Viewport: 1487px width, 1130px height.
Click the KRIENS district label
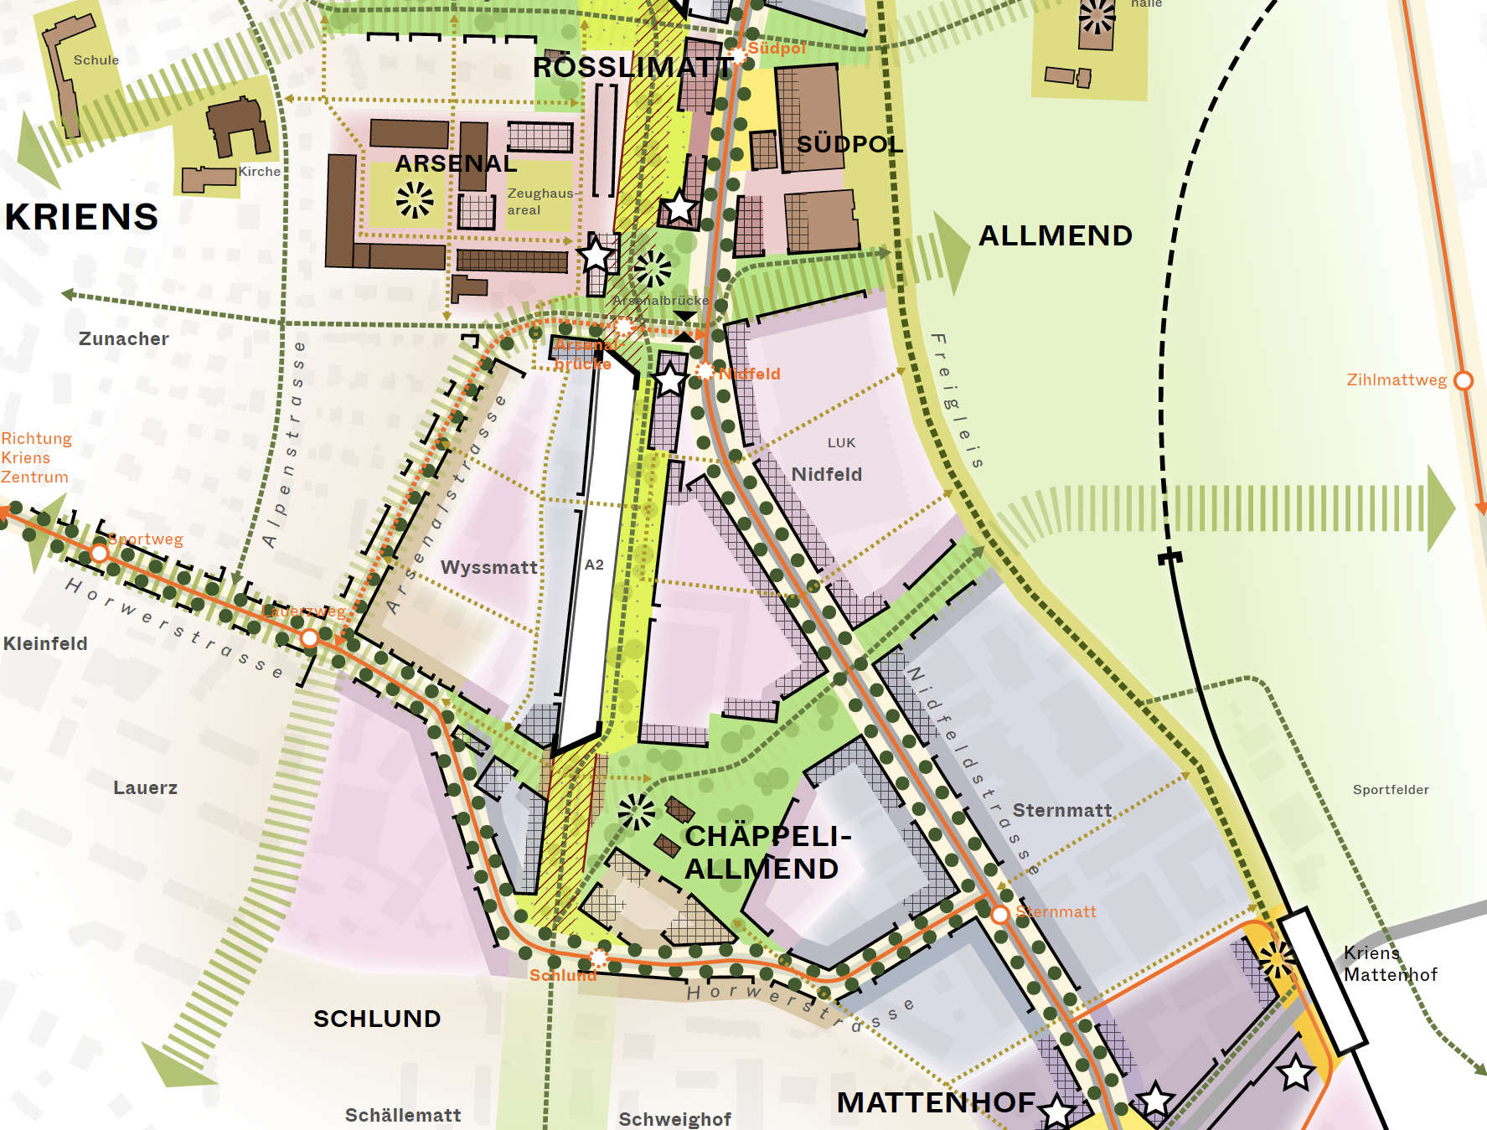[81, 217]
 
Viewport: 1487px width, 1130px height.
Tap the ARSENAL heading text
[456, 163]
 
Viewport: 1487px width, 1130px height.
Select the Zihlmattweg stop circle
[1463, 380]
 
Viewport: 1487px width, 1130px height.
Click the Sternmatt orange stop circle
[999, 914]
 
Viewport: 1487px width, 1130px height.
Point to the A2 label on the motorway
[594, 565]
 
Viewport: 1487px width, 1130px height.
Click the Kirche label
[260, 171]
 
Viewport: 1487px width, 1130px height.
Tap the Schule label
[96, 60]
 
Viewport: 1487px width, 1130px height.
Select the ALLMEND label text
[1056, 235]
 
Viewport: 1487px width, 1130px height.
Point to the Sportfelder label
[1391, 790]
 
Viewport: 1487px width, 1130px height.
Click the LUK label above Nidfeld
[841, 442]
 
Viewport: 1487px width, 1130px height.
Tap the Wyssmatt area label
[489, 567]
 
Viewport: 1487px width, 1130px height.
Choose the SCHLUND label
[377, 1019]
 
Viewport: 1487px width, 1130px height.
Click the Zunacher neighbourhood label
[124, 338]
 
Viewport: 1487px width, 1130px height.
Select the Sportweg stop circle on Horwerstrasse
[100, 553]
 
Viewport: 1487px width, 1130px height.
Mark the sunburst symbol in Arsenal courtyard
[415, 200]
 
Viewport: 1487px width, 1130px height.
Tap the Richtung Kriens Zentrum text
[35, 457]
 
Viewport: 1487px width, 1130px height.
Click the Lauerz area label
[145, 787]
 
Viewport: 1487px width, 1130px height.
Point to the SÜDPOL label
[849, 144]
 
